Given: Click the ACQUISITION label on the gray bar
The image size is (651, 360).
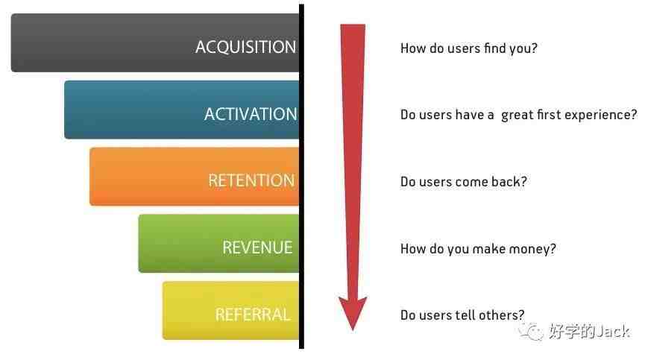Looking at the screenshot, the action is [x=246, y=47].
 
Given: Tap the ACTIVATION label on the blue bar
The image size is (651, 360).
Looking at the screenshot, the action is [x=251, y=114].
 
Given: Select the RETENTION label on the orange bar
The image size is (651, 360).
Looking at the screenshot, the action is [x=251, y=180].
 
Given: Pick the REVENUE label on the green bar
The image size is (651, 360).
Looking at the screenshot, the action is [x=257, y=247].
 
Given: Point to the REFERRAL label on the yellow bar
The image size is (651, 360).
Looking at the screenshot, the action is [x=253, y=315].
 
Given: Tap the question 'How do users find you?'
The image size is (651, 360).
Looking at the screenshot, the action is [x=469, y=48].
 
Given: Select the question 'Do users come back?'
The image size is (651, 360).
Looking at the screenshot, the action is [x=463, y=182].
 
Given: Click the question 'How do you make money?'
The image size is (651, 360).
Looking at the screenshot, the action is [x=478, y=249].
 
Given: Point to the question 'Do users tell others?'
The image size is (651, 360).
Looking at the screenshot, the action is [x=462, y=315].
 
